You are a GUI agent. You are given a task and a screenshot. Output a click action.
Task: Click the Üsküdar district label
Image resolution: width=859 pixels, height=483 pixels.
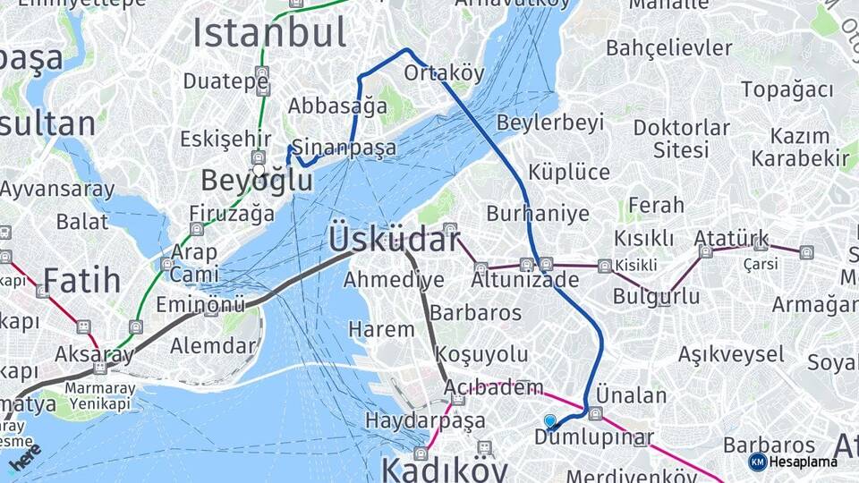click(394, 240)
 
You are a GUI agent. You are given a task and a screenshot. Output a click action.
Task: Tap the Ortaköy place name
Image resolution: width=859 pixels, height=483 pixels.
click(444, 72)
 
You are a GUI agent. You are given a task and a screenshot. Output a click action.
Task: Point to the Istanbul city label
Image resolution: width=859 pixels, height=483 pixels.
click(269, 34)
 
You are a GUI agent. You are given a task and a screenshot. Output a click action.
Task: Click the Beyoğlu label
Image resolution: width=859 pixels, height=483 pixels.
click(257, 181)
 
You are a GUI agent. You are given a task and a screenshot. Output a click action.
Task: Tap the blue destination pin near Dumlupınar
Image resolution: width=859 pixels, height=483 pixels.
click(549, 421)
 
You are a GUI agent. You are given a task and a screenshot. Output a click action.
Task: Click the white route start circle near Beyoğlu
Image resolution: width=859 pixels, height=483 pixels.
click(259, 170)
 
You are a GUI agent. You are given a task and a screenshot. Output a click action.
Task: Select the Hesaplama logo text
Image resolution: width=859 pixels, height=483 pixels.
click(804, 462)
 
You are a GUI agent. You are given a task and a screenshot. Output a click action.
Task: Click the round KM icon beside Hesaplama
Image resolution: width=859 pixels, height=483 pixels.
click(757, 462)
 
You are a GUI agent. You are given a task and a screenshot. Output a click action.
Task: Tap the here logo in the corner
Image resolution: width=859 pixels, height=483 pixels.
click(25, 456)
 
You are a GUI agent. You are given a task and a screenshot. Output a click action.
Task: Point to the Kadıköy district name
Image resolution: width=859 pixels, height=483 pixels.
click(444, 469)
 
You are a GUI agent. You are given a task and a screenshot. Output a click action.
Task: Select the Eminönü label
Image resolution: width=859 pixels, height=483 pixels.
click(200, 306)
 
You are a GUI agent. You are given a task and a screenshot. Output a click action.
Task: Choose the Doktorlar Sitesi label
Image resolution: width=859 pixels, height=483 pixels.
click(681, 138)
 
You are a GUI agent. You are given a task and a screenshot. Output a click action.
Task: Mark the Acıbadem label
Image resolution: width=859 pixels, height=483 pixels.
click(494, 387)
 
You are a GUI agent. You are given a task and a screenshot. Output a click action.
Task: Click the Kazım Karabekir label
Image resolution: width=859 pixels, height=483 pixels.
click(799, 148)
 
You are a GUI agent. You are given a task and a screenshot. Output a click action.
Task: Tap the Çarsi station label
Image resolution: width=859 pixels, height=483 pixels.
click(760, 264)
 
